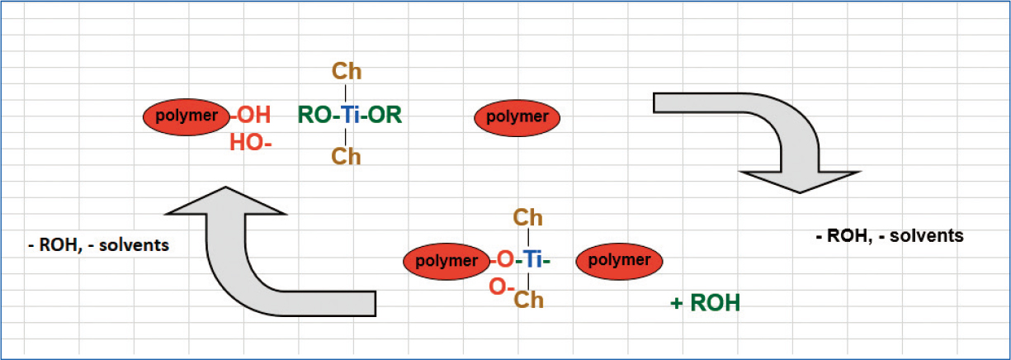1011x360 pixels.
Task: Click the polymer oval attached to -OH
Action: click(186, 116)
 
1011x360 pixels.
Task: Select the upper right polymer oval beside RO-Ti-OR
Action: click(517, 116)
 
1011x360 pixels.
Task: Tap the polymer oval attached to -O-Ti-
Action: click(446, 261)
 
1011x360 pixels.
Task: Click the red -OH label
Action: click(251, 116)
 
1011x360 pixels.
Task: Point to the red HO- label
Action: click(250, 143)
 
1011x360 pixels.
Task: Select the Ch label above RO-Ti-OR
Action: click(347, 70)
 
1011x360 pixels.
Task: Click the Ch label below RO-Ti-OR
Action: click(347, 156)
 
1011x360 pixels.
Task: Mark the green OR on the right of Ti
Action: click(385, 116)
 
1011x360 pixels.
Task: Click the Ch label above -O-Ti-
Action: click(528, 218)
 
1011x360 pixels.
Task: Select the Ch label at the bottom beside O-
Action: click(528, 300)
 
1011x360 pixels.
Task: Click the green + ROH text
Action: click(705, 303)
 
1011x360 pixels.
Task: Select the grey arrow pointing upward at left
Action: click(248, 256)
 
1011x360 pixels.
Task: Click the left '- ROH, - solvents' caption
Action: click(98, 244)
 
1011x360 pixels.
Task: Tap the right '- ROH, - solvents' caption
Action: click(888, 235)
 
